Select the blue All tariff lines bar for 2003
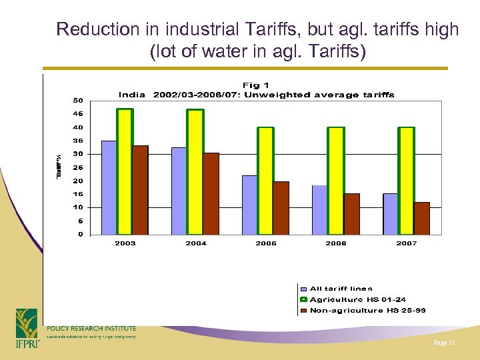tap(109, 187)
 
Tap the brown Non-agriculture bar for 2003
tap(141, 190)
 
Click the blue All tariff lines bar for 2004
tap(179, 191)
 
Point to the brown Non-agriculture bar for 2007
tap(422, 218)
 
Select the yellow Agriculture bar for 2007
tap(407, 181)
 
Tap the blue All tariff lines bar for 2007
tap(390, 214)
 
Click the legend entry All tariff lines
tap(341, 289)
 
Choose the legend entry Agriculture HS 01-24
tap(357, 299)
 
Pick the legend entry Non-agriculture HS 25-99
tap(367, 310)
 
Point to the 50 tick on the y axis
tap(78, 101)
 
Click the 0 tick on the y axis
tap(80, 234)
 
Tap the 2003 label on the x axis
tap(125, 243)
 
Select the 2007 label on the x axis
tap(407, 243)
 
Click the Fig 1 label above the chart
tap(256, 85)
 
